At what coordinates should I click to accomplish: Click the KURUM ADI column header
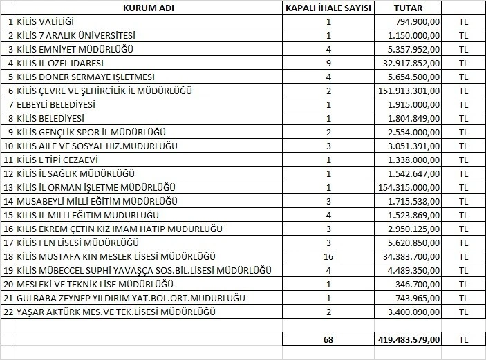[x=147, y=8]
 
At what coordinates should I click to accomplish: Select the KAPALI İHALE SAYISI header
[x=328, y=8]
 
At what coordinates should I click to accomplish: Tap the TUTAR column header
[x=409, y=8]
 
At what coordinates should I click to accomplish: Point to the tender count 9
[x=328, y=63]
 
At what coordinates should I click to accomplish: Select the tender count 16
[x=328, y=256]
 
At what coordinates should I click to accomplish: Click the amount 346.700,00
[x=418, y=284]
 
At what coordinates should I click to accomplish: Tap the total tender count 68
[x=328, y=339]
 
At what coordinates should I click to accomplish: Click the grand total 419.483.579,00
[x=407, y=339]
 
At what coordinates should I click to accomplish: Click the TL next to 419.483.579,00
[x=463, y=339]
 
